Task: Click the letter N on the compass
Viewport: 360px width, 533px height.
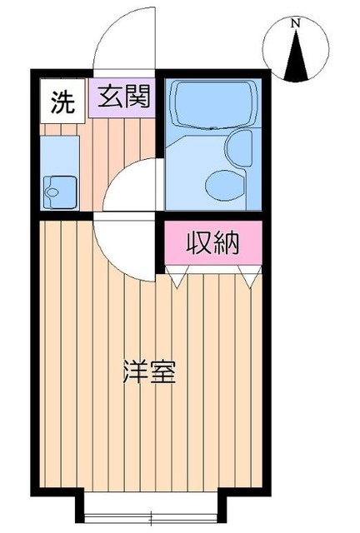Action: coord(295,24)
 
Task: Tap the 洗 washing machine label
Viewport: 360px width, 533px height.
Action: coord(61,102)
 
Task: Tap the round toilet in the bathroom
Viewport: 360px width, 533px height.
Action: coord(221,182)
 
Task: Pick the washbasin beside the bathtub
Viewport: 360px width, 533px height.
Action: coord(240,147)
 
